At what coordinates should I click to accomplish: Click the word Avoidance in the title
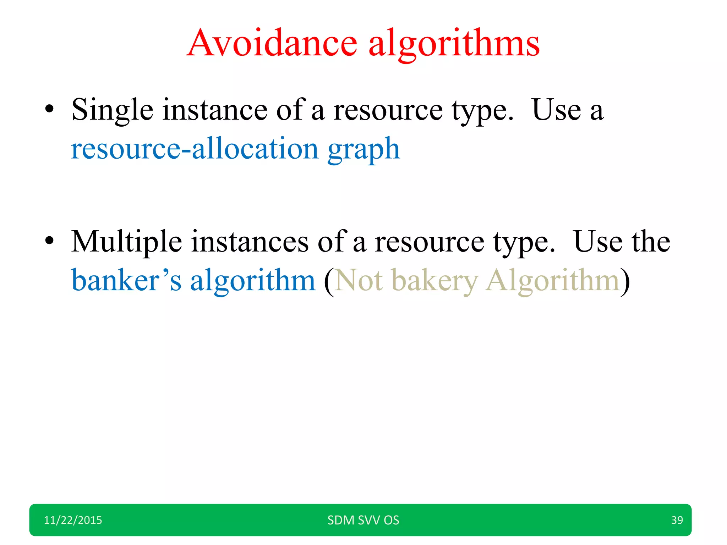(x=272, y=43)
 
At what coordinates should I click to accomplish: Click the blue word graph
(x=363, y=149)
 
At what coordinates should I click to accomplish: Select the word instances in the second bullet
(x=250, y=242)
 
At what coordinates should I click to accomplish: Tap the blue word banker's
(x=126, y=281)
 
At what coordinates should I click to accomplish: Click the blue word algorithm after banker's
(x=253, y=281)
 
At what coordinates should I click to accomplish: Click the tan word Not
(x=359, y=281)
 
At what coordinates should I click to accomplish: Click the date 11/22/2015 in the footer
(x=73, y=520)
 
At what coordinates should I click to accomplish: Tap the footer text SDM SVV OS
(x=363, y=520)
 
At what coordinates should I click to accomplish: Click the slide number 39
(x=677, y=520)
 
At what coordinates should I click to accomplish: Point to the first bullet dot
(x=49, y=109)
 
